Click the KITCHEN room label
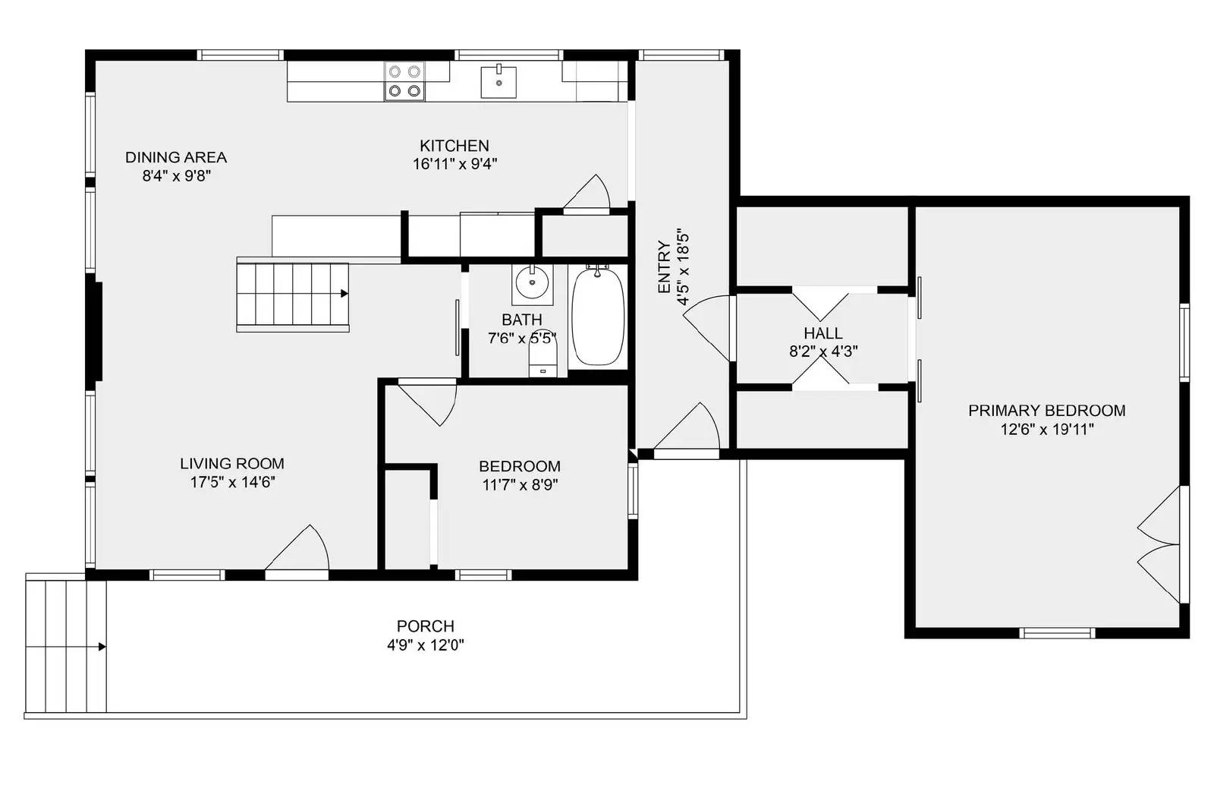point(454,146)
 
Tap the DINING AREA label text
point(176,157)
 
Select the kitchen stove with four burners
point(404,81)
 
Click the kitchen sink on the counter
point(498,81)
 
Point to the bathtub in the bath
point(598,316)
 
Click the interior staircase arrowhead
point(344,293)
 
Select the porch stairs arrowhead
point(102,647)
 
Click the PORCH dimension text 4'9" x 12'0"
point(426,645)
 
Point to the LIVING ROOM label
point(232,464)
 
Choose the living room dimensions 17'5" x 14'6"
point(232,482)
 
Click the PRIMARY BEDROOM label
point(1046,411)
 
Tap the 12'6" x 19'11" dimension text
point(1046,430)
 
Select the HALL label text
point(822,333)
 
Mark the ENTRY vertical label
point(665,266)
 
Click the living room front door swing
point(297,547)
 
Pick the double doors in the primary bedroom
point(1159,544)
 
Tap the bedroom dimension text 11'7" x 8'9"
point(520,484)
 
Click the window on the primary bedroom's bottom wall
point(1057,632)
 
